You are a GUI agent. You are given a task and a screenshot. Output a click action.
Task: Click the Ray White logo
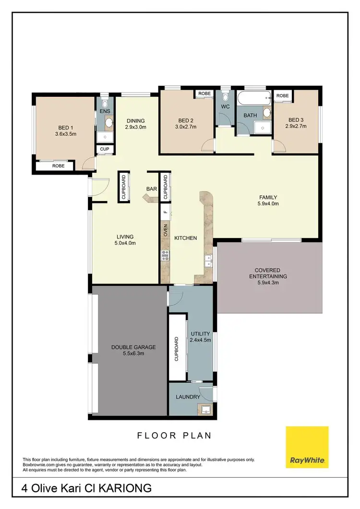[x=307, y=447]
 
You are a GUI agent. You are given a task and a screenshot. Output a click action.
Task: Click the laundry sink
[x=205, y=410]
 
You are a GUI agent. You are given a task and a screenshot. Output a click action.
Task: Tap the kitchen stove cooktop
[x=165, y=255]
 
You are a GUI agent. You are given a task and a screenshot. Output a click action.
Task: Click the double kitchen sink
[x=209, y=260]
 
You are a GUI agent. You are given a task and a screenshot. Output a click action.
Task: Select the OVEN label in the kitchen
[x=165, y=230]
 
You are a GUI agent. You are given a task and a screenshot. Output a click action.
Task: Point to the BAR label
[x=152, y=189]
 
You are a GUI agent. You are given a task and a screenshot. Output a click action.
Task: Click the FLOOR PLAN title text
[x=174, y=436]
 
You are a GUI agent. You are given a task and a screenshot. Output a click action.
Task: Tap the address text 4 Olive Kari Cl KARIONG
[x=87, y=488]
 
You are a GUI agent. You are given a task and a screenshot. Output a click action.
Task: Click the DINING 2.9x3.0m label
[x=135, y=124]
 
